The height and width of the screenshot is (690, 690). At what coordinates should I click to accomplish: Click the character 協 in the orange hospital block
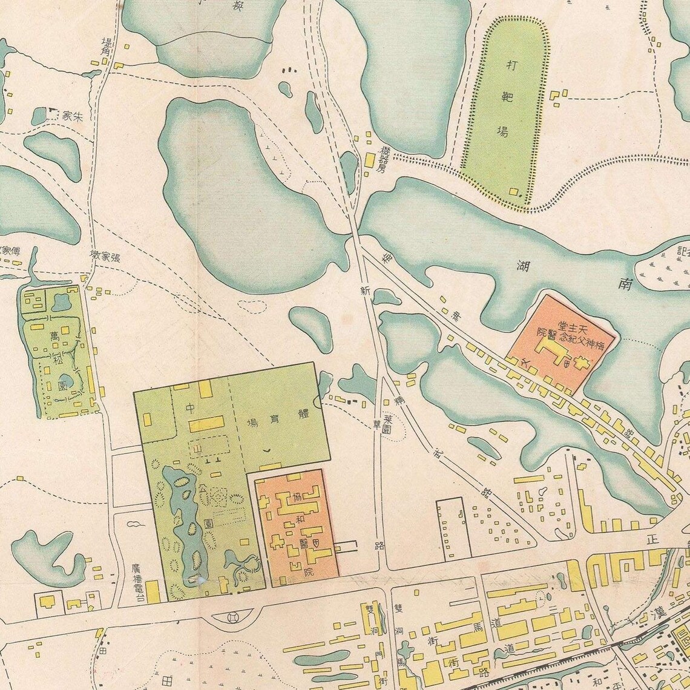pos(298,497)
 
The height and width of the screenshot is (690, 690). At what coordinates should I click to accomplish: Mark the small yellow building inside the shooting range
pos(514,192)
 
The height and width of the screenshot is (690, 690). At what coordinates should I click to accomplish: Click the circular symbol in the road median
pos(233,618)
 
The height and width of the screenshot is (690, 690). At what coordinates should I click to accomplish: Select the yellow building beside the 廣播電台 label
pos(153,591)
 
